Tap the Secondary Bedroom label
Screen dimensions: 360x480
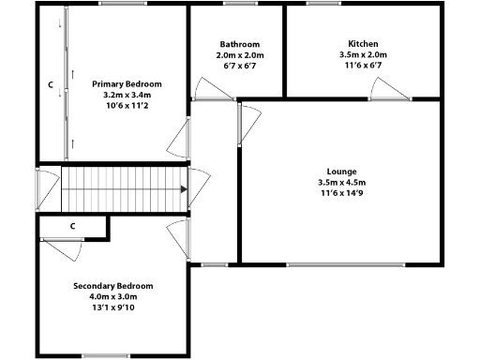[113, 286]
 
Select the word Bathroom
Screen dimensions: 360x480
[240, 44]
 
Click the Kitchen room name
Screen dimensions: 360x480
[363, 44]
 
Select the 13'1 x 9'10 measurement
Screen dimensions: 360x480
[113, 307]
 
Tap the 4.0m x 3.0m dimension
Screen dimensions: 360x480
[113, 296]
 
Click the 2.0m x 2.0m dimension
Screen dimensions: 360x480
[240, 55]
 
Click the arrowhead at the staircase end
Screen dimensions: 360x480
[182, 188]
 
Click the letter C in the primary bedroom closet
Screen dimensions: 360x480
[51, 84]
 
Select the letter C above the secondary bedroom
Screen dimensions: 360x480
[72, 226]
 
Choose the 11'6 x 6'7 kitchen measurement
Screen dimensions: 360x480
[363, 66]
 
